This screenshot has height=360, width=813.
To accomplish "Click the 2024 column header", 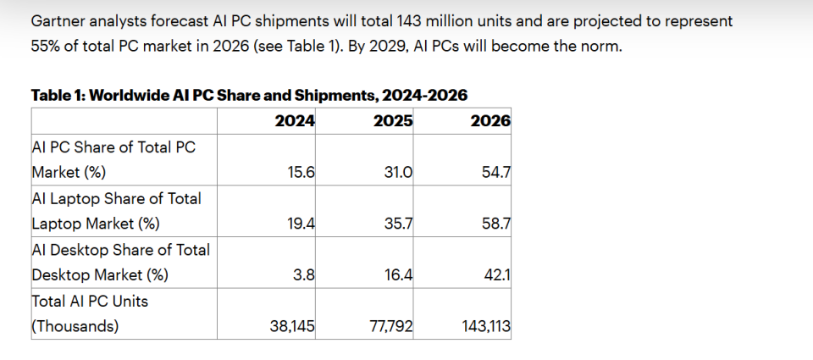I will click(x=295, y=120).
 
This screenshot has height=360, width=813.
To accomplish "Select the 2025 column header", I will click(x=393, y=120).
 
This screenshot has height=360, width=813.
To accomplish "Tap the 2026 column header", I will click(x=490, y=120).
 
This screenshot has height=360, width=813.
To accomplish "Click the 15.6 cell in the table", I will click(x=301, y=172).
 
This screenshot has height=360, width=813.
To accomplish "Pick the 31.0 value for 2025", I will click(x=399, y=172).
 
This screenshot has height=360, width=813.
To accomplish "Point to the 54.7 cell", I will click(x=496, y=172).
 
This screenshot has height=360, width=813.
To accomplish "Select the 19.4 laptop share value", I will click(x=301, y=224).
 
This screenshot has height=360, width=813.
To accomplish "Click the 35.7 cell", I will click(x=399, y=224).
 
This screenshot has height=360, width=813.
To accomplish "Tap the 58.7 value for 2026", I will click(x=496, y=224).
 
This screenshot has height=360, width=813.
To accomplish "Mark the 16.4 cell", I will click(x=399, y=274).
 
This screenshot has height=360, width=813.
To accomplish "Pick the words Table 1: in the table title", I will click(x=58, y=95).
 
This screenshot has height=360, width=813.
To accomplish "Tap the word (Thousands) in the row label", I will click(x=75, y=326).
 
